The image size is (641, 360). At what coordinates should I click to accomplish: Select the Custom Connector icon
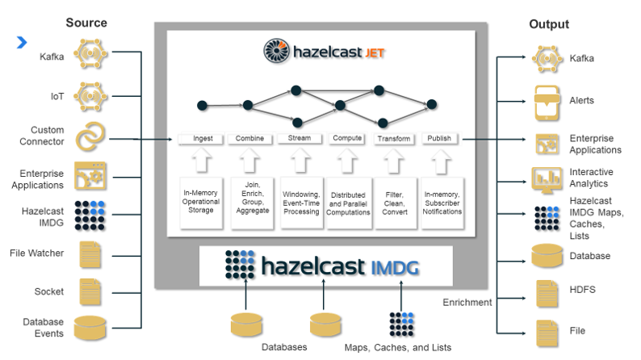[90, 135]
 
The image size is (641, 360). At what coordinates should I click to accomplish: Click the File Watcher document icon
[90, 253]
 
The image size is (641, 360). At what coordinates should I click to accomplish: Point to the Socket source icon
[90, 290]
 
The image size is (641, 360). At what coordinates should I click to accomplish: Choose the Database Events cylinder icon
[90, 328]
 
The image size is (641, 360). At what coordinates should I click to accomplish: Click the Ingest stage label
[202, 139]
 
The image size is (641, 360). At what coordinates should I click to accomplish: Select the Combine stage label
[249, 139]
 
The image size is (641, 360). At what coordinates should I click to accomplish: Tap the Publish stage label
[439, 139]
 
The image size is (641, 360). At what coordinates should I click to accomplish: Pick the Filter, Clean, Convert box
[394, 199]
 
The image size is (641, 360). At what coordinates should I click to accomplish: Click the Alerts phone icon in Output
[549, 100]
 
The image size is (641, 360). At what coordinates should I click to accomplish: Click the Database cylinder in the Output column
[548, 256]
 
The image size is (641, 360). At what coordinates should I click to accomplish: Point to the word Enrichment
[467, 302]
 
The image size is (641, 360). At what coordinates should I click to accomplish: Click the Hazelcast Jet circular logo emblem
[278, 52]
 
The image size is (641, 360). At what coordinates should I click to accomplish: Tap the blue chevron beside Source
[21, 42]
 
